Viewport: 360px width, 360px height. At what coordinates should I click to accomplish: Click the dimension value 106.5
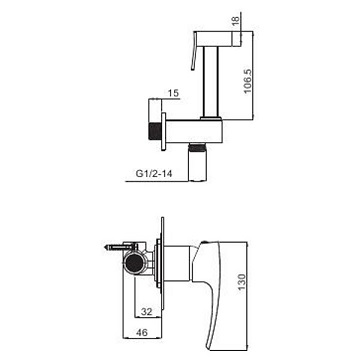[x=248, y=82]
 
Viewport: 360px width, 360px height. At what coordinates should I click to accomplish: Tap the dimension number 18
[x=235, y=20]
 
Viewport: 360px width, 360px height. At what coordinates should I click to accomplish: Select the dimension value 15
[x=173, y=93]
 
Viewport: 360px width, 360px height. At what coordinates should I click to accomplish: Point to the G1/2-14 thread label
[x=154, y=174]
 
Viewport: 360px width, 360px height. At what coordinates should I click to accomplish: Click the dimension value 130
[x=242, y=282]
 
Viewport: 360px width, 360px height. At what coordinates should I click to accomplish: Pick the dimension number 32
[x=147, y=312]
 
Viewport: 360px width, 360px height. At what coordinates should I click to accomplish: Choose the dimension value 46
[x=142, y=332]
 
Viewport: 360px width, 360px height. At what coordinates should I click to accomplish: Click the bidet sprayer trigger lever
[x=194, y=51]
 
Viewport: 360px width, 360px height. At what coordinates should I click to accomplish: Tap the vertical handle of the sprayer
[x=211, y=81]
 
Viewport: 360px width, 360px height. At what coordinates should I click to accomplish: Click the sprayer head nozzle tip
[x=237, y=39]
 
